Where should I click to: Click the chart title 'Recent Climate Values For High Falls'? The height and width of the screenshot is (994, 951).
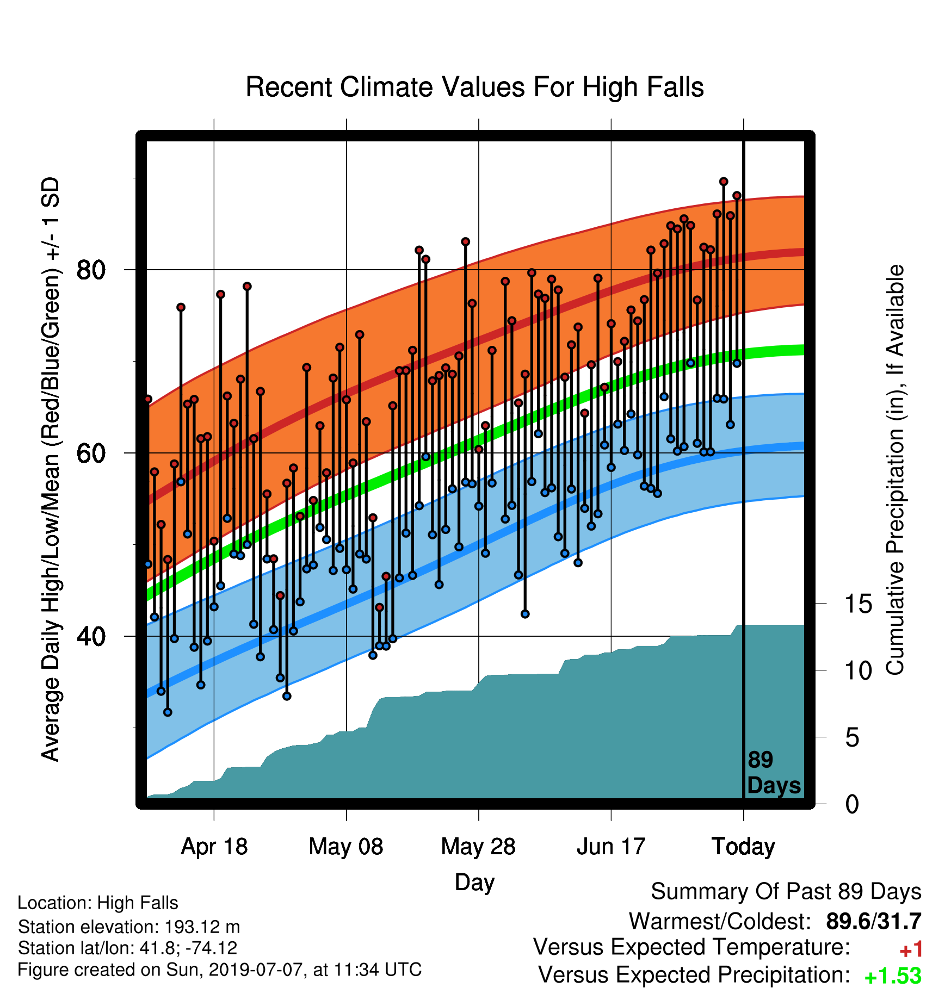(x=474, y=87)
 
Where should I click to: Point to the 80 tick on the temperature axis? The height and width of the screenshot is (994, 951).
(x=91, y=270)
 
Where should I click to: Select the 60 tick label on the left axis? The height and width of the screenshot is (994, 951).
(x=91, y=453)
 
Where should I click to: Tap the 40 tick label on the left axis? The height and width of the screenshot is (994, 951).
(x=91, y=636)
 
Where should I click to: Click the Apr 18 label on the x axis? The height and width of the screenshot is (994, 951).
(x=214, y=847)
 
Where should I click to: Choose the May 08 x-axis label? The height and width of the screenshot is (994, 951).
(x=346, y=847)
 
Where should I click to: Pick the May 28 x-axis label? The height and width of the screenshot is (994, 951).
(x=478, y=847)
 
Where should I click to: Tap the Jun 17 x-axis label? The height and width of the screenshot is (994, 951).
(x=611, y=847)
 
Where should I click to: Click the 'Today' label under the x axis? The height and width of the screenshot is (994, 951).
(x=743, y=847)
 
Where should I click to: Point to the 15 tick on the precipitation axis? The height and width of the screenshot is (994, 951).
(x=859, y=604)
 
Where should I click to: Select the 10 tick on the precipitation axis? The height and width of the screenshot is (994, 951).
(x=859, y=671)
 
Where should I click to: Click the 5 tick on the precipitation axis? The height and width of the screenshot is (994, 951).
(x=853, y=738)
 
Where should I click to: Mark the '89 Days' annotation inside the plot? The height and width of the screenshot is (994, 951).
(x=774, y=773)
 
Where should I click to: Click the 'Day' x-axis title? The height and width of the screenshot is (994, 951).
(x=474, y=883)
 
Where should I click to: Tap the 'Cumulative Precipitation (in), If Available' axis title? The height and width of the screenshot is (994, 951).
(x=895, y=470)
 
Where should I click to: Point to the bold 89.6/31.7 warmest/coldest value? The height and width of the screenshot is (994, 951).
(x=874, y=921)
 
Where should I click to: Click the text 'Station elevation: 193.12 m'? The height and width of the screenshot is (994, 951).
(x=129, y=927)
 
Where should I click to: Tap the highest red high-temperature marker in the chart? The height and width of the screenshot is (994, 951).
(x=724, y=182)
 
